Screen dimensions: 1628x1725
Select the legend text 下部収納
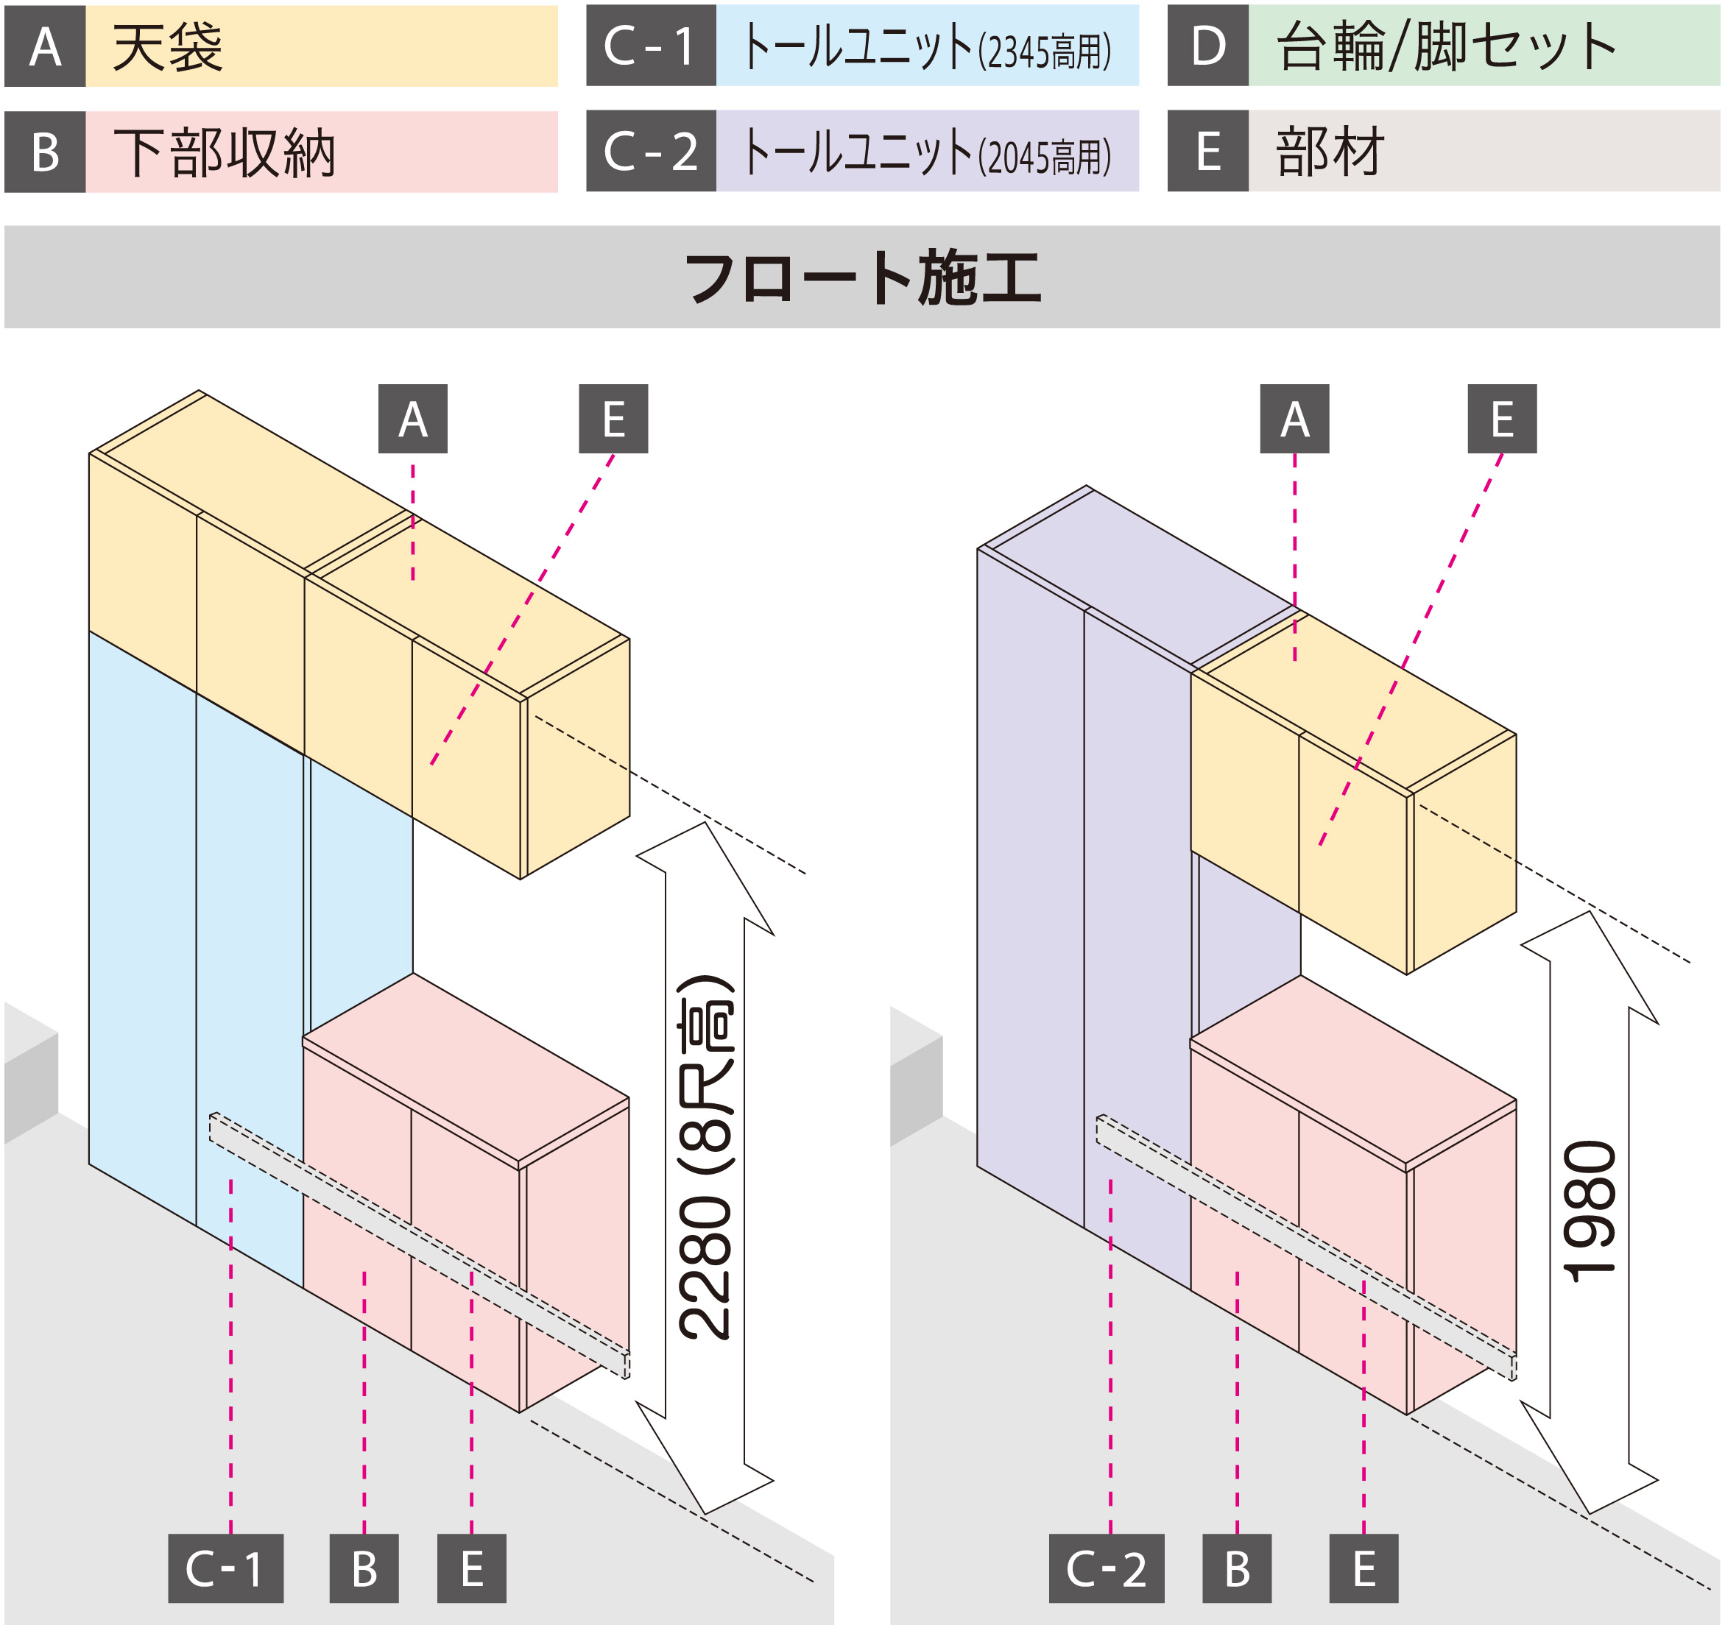224,153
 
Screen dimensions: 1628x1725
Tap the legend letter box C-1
650,46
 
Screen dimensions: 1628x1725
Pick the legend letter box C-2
650,151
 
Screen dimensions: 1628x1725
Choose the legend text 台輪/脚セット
1445,46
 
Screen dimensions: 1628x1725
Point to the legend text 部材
1329,151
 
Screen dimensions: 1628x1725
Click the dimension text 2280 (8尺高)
705,1158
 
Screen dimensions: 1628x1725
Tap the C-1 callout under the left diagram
226,1568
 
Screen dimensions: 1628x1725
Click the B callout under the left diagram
364,1568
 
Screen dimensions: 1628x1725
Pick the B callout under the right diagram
1236,1568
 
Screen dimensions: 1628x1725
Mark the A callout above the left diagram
412,420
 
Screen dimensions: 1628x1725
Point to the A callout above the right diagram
1294,420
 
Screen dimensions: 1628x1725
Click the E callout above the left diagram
613,420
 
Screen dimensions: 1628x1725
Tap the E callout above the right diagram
1501,420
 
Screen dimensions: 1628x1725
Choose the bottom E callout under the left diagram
471,1568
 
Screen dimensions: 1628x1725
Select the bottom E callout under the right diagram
1363,1568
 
